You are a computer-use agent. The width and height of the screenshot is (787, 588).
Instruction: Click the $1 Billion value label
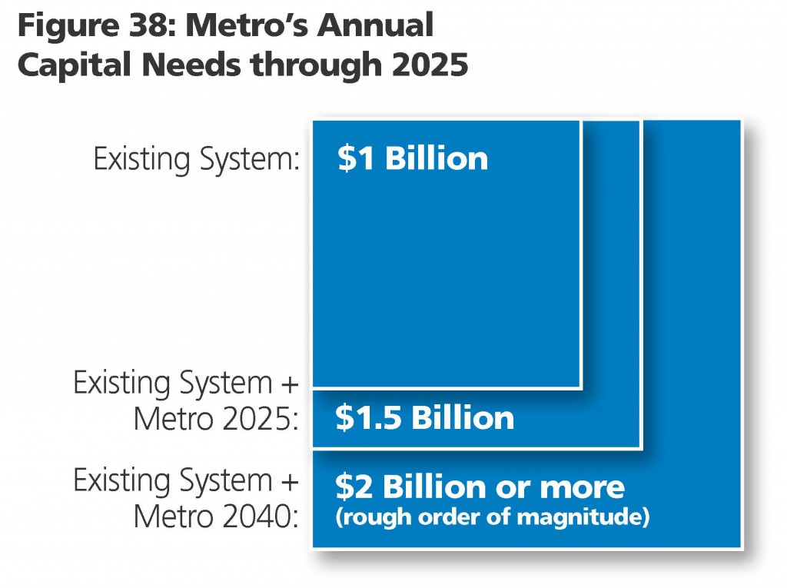[x=412, y=158]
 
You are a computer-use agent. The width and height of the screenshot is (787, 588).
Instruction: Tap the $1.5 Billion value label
[x=424, y=418]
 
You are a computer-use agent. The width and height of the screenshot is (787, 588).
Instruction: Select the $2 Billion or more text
[x=480, y=487]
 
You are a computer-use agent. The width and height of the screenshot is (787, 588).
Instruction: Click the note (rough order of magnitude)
[x=492, y=517]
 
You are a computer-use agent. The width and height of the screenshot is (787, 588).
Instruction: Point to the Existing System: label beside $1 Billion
[x=196, y=159]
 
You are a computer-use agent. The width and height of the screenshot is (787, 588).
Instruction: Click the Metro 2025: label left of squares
[x=215, y=420]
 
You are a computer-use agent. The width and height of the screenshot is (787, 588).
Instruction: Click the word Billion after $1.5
[x=463, y=418]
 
